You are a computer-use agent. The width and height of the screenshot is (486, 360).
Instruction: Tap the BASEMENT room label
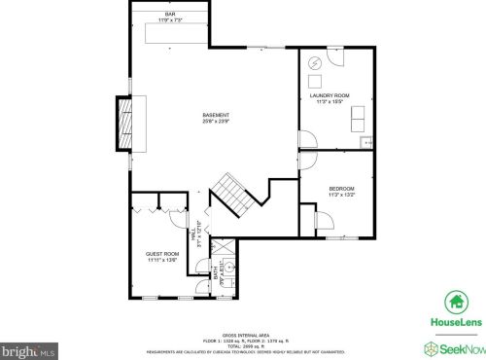216,115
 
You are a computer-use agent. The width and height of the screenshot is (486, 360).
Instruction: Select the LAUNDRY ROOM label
330,95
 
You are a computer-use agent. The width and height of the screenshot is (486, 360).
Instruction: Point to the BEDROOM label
341,188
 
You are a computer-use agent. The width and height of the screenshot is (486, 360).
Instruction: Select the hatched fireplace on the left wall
123,121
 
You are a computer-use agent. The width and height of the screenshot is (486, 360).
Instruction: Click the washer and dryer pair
359,118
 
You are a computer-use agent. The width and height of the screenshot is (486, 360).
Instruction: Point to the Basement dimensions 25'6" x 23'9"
216,122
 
